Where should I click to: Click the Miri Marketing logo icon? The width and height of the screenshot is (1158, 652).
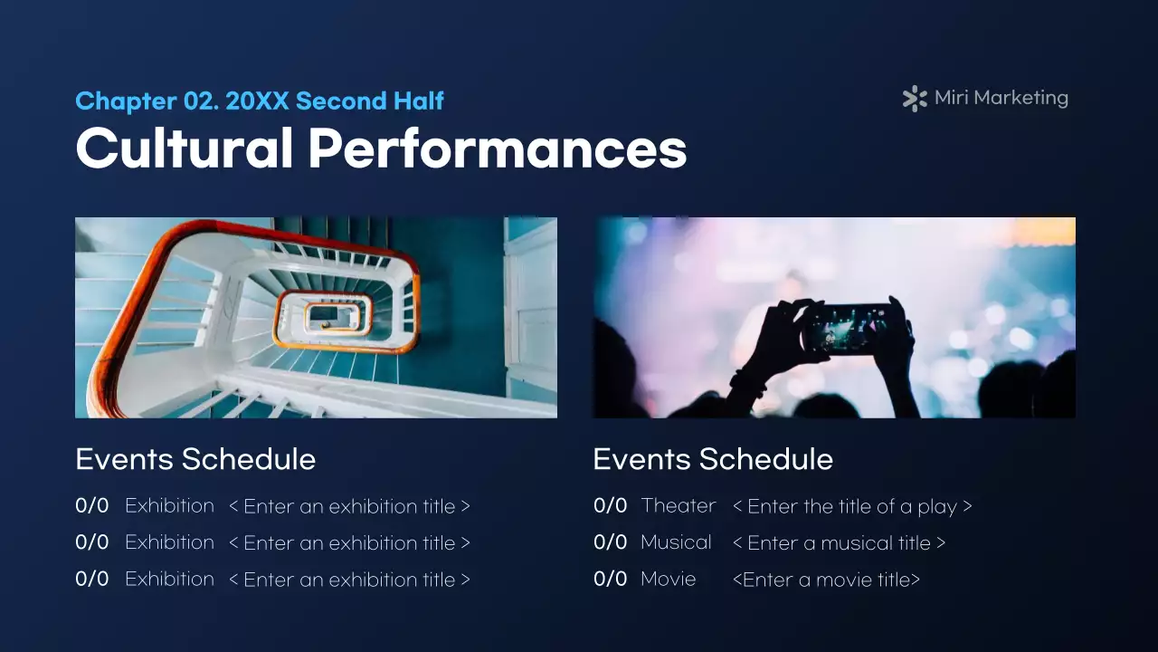click(x=915, y=99)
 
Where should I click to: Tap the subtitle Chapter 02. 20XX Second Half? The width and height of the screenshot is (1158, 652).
click(x=260, y=101)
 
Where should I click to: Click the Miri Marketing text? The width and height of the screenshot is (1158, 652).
click(x=1001, y=98)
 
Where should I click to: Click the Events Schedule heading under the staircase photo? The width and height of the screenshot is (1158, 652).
click(x=195, y=459)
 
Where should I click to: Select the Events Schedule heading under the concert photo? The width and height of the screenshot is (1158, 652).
click(x=713, y=459)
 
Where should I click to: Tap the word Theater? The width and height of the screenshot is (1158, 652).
click(x=678, y=505)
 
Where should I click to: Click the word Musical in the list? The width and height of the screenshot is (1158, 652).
click(x=676, y=542)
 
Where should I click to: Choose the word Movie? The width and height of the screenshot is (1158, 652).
click(x=668, y=579)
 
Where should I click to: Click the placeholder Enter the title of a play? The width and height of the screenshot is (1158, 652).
click(x=851, y=506)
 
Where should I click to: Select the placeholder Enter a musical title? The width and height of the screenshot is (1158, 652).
click(x=839, y=543)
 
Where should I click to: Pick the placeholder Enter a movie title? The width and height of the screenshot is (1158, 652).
click(x=826, y=580)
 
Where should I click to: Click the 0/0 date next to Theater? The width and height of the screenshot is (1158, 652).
click(x=610, y=505)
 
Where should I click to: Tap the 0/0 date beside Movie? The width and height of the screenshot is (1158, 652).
click(x=610, y=579)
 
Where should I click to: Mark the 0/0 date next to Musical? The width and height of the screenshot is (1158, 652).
click(x=610, y=542)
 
